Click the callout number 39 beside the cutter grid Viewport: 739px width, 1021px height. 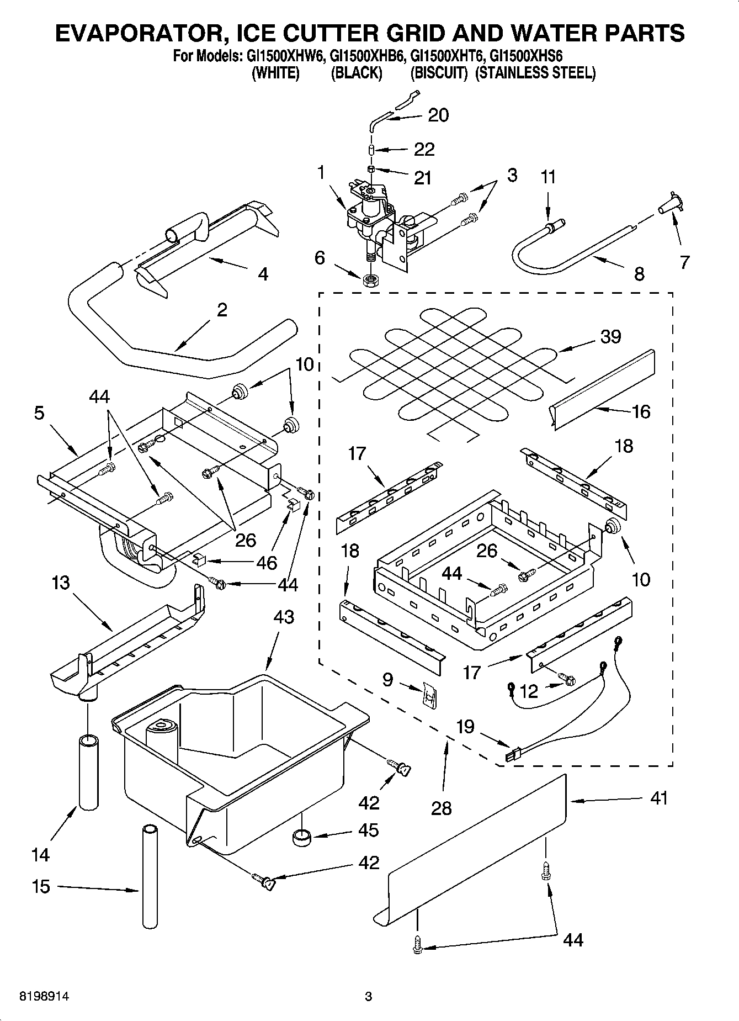point(610,336)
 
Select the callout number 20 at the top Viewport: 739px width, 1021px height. point(438,115)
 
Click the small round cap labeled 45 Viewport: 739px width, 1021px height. point(301,838)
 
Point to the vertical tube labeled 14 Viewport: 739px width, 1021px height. point(88,771)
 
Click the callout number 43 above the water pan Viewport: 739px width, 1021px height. point(284,617)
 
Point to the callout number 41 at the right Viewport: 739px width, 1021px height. point(658,798)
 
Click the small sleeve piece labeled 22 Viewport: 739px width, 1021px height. point(372,150)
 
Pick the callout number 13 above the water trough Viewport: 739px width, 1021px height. point(61,583)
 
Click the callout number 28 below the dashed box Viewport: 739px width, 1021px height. point(442,808)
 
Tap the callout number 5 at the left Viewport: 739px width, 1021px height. point(39,413)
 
